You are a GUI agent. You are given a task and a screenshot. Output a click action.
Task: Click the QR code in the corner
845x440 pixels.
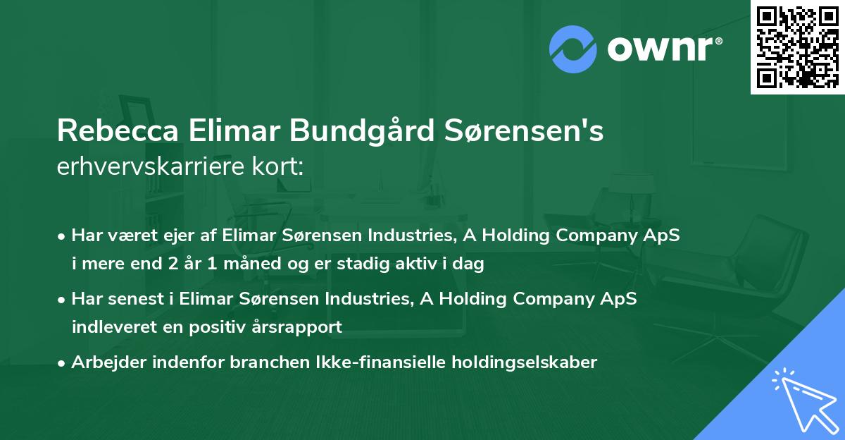pos(798,47)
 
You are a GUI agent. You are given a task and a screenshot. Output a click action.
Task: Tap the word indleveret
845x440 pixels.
pos(111,327)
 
